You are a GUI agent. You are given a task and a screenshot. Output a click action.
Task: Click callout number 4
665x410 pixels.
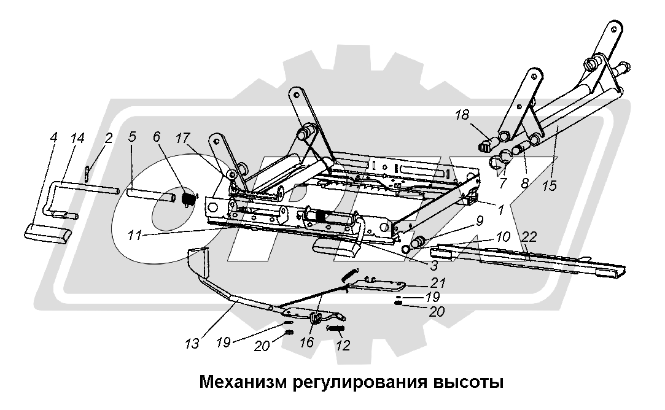point(53,138)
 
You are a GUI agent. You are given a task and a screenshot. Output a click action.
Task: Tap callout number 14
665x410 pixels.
point(77,138)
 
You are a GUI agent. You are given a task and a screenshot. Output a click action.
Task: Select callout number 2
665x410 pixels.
point(109,138)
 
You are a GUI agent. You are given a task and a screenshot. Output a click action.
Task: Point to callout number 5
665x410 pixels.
point(132,137)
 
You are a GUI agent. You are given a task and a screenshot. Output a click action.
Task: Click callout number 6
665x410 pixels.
point(157,137)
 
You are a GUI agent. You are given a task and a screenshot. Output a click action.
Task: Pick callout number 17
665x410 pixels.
point(183,138)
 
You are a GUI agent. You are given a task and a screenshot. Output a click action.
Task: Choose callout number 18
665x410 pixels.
point(463,115)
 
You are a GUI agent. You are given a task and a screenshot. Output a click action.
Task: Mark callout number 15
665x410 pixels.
point(550,186)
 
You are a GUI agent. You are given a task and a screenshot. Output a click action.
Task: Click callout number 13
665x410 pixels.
point(192,344)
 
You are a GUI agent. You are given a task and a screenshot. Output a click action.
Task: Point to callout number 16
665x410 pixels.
point(306,342)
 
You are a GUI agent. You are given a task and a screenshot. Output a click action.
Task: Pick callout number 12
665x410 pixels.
point(343,345)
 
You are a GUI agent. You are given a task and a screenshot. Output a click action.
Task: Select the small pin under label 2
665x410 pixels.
point(87,173)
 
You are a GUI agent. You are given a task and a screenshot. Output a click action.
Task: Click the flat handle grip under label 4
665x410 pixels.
point(47,234)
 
